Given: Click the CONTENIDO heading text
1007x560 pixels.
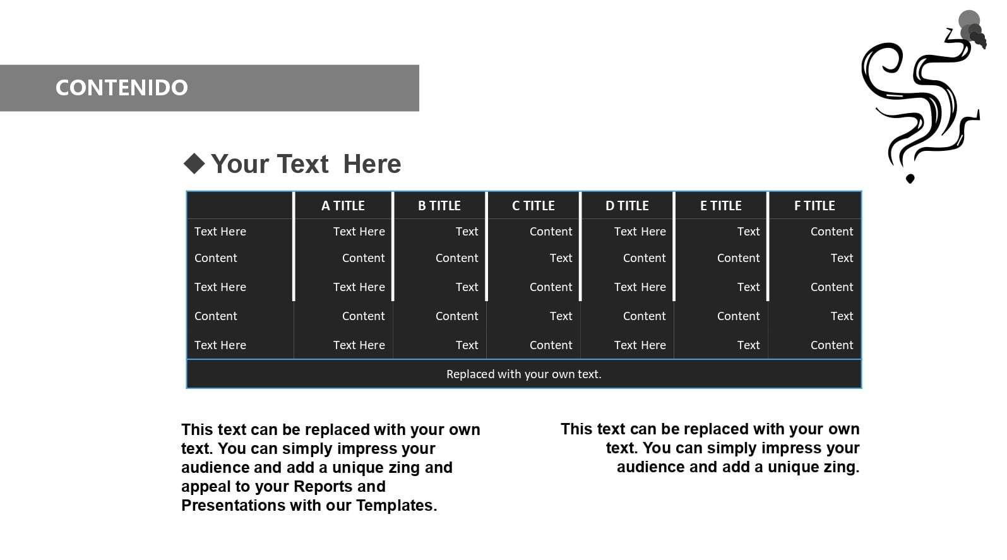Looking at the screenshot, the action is click(121, 88).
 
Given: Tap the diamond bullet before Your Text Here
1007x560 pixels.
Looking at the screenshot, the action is click(194, 164).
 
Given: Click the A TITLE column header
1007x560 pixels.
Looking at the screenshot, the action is click(343, 205).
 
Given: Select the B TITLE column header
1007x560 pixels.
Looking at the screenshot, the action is click(439, 205).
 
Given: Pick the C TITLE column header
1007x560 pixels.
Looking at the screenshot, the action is click(533, 205).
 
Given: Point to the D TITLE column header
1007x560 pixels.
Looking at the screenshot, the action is click(627, 205).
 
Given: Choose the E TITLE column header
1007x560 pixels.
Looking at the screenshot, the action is click(720, 205).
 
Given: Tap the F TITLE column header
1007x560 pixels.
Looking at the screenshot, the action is click(814, 205).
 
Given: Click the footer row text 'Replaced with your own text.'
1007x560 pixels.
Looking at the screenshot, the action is click(524, 374).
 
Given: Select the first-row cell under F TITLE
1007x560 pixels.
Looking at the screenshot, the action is click(831, 232).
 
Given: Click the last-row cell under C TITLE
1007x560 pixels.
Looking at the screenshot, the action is click(551, 345).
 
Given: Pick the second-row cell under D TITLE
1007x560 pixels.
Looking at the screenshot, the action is click(644, 258).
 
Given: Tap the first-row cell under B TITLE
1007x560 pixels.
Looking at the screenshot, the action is click(467, 232).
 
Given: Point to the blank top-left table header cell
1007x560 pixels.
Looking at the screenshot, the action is click(240, 205).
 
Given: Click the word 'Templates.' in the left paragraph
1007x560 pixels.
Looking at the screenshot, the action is click(396, 506).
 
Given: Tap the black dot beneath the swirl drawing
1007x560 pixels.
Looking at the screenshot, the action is click(910, 179).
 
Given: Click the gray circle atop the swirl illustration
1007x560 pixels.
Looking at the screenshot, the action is click(968, 21).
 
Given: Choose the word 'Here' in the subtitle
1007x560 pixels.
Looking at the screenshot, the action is click(372, 164).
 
